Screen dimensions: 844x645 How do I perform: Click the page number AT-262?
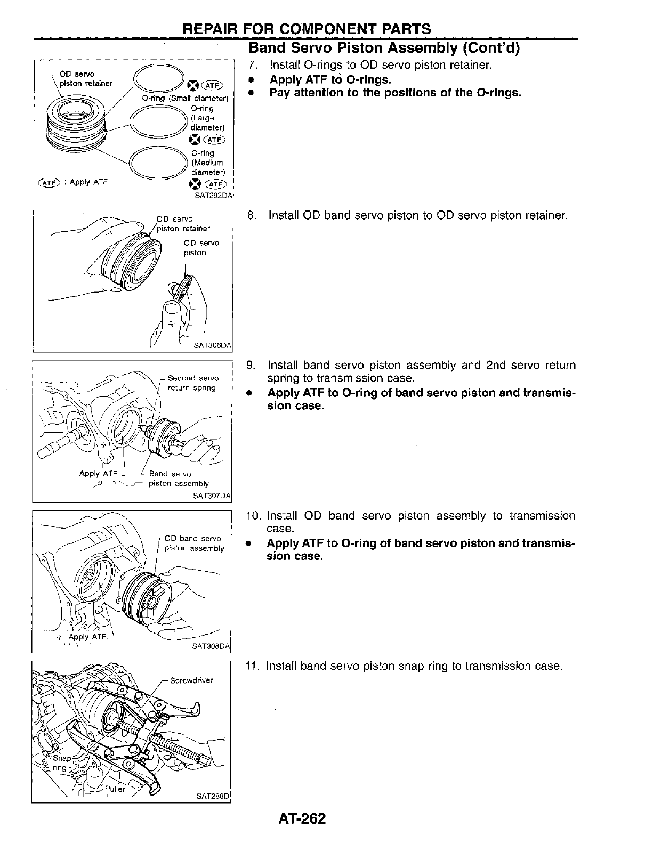coord(301,818)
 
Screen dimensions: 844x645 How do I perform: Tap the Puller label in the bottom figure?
coord(115,789)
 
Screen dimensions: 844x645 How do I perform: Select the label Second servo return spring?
coord(192,383)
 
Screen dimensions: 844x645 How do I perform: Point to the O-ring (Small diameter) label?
coord(185,99)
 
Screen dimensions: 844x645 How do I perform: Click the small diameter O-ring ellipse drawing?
coord(158,80)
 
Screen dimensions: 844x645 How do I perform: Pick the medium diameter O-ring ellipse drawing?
coord(157,162)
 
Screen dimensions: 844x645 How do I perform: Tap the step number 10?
coord(253,516)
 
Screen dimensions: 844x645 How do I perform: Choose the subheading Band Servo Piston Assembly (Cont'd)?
coord(384,48)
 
